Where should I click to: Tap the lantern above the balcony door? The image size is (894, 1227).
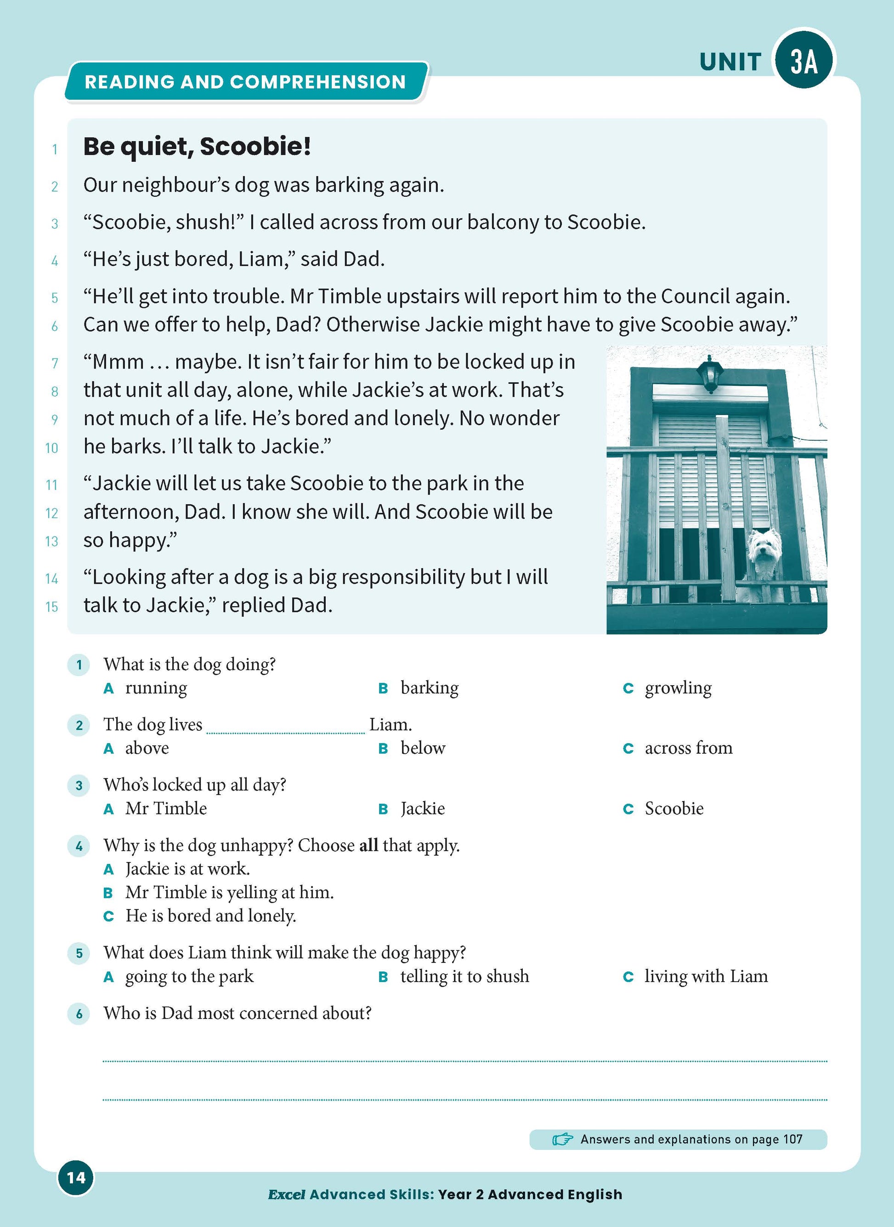[709, 374]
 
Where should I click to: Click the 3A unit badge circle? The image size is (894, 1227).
[803, 61]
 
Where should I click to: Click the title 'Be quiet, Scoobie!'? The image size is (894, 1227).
[197, 147]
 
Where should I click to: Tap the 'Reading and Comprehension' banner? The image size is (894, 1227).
[245, 82]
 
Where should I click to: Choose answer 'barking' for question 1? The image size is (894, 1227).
[429, 688]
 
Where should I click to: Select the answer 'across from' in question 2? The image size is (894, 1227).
[688, 748]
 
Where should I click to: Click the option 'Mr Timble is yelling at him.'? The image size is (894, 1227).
[229, 892]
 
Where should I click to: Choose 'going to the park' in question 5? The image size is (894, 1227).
[189, 977]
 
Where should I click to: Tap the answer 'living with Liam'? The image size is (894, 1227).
[706, 977]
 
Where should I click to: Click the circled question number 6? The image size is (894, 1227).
[79, 1013]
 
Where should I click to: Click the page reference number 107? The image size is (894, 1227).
[792, 1139]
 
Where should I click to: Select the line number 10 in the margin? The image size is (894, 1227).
[51, 448]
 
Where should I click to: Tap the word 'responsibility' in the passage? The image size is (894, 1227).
[403, 577]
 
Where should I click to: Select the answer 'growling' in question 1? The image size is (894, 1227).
[678, 688]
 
